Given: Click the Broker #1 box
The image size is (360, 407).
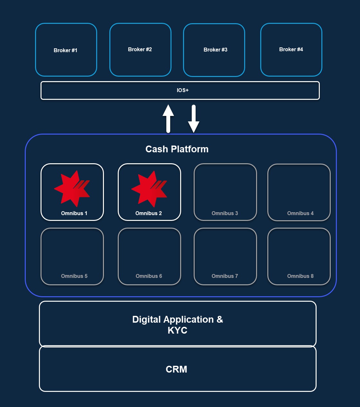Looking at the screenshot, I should pos(66,50).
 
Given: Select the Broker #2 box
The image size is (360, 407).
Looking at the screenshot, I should pos(140,50).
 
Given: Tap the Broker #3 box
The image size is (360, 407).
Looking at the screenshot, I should pos(214,50).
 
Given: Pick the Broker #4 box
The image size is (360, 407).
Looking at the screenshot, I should pos(291,50).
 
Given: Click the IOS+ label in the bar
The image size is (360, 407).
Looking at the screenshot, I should pos(183,90).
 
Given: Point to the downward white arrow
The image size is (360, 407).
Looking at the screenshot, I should pos(194,118).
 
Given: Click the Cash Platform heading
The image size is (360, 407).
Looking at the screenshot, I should pos(177,149).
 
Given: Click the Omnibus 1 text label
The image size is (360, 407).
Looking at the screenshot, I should pos(74,213).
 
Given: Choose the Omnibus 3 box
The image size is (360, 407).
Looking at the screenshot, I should pos(225,192).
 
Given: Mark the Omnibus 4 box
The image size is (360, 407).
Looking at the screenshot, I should pos(299,192).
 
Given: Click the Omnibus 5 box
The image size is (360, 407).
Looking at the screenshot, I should pos(72,256).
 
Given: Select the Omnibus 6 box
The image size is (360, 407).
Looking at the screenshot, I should pos(149,256).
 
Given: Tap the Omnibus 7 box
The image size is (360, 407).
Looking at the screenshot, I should pos(225,256).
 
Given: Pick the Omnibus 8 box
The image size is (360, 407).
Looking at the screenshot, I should pos(299,256).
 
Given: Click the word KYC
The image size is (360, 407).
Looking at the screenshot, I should pos(178,330).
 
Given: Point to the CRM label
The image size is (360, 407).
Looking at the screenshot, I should pos(176,369).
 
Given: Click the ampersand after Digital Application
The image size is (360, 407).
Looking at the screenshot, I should pos(220,319).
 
